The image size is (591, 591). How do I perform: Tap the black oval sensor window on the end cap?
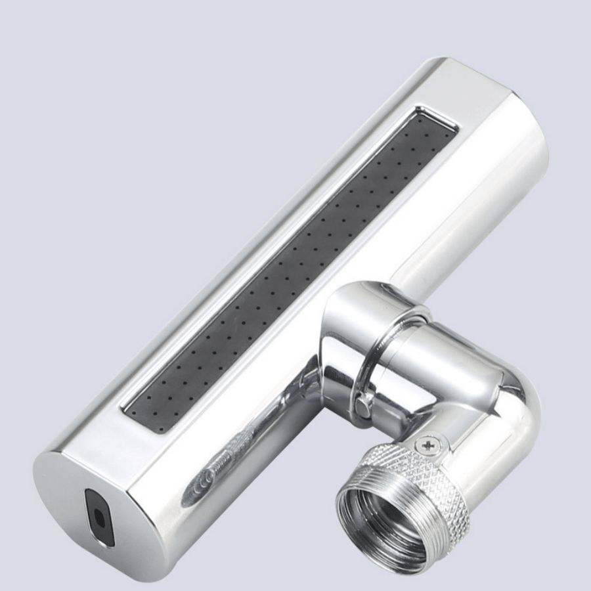[x=100, y=517]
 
